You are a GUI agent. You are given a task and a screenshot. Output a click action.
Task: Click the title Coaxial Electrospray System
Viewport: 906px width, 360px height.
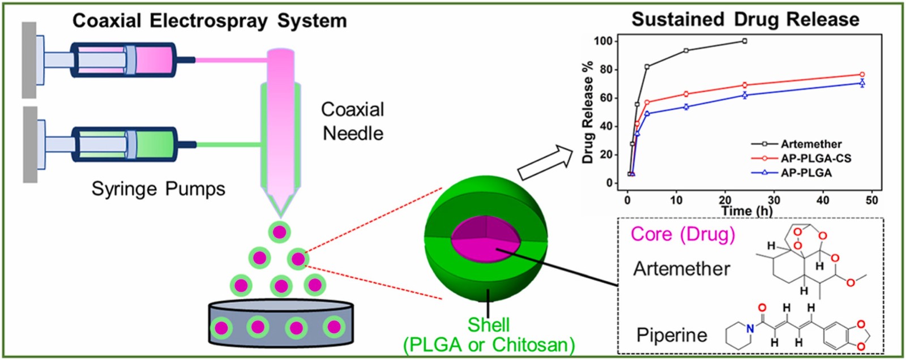(x=210, y=21)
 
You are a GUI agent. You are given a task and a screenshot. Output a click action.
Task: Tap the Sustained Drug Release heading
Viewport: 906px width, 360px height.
(x=745, y=19)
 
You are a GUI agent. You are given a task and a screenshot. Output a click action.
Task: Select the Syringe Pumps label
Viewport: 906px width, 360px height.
(x=158, y=188)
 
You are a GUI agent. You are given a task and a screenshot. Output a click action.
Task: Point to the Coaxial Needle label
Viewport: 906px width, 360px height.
(x=353, y=121)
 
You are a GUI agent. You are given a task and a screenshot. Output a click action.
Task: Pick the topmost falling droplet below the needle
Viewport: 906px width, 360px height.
(x=279, y=232)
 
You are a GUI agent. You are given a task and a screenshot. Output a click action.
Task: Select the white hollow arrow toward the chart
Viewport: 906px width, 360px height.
(x=544, y=164)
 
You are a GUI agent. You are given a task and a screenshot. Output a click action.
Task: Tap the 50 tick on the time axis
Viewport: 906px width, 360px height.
(x=871, y=200)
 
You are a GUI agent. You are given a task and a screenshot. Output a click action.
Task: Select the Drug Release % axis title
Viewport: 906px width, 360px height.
(x=588, y=112)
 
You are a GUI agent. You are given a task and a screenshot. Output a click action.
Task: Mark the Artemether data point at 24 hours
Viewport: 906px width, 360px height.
(x=744, y=41)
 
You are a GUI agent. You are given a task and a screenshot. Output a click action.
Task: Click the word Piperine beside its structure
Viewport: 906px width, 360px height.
(x=672, y=335)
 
